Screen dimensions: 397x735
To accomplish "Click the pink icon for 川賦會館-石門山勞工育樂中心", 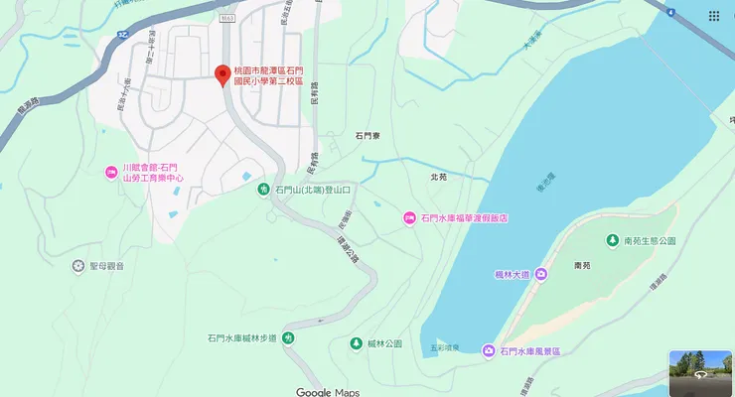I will (110, 174).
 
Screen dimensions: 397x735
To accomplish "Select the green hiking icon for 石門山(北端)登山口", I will (263, 189).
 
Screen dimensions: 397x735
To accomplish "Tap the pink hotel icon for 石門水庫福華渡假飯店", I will (408, 217).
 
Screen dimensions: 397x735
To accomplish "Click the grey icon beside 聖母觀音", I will (78, 266).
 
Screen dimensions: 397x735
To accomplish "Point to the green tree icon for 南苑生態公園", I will (613, 241).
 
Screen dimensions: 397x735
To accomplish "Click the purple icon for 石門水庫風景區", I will (488, 351).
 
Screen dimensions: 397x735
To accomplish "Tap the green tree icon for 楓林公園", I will (356, 343).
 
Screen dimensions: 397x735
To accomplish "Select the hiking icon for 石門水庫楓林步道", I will (287, 338).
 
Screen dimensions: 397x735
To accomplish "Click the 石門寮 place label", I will (368, 135).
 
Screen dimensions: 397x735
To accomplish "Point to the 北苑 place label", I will (440, 178).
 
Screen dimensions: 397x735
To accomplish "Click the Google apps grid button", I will (714, 16).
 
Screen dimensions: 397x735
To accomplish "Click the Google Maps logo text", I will (328, 391).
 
